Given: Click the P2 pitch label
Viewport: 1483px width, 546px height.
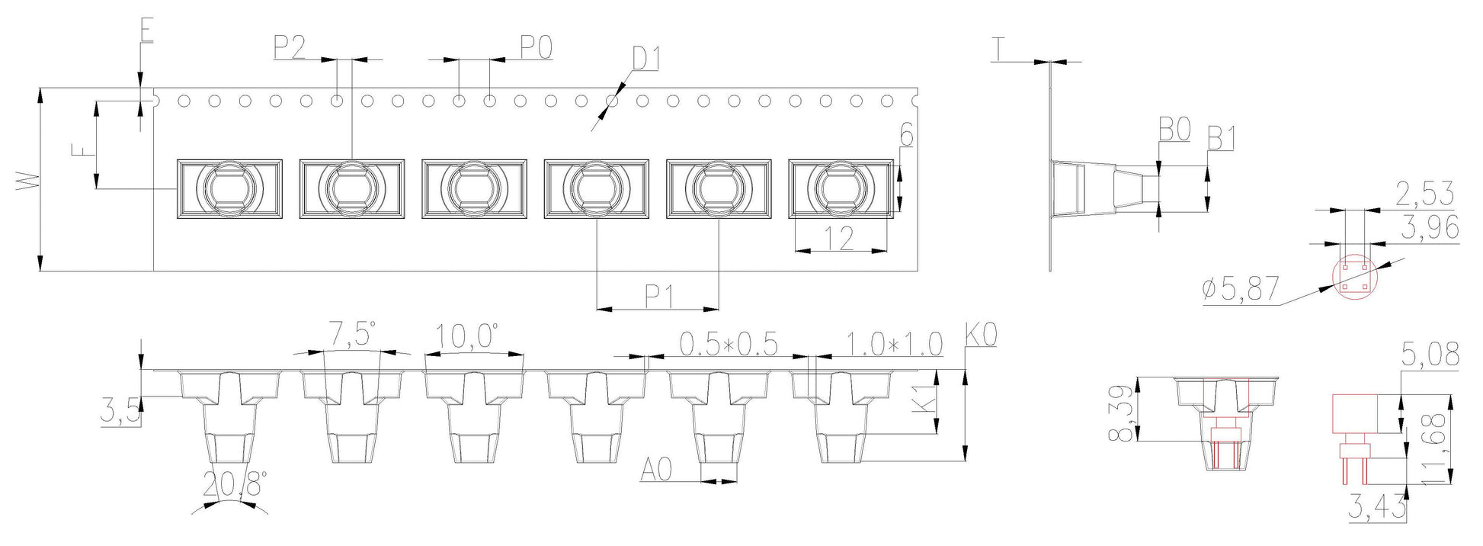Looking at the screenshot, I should (290, 47).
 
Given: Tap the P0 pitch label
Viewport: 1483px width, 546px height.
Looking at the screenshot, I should (537, 47).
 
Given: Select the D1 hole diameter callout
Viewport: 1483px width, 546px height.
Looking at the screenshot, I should (646, 58).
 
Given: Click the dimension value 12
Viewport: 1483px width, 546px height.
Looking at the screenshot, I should (840, 239).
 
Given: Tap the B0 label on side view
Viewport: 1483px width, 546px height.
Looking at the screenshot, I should (1174, 131).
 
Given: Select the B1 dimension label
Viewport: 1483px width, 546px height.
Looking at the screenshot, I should (1222, 139).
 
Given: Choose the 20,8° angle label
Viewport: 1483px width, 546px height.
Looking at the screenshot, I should (235, 483).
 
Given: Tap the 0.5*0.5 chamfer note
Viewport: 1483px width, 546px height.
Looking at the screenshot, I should (728, 345).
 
